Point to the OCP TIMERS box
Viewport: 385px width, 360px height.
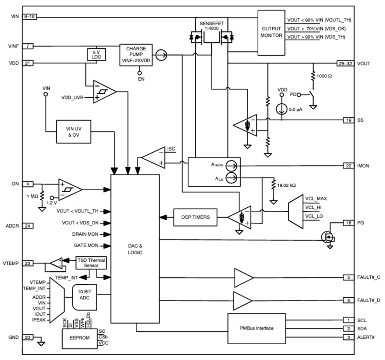coord(196,217)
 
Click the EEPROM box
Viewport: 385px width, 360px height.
coord(80,338)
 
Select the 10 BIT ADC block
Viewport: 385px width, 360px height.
coord(85,297)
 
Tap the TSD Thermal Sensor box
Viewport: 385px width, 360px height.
coord(91,263)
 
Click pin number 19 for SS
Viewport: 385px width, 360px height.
coord(348,120)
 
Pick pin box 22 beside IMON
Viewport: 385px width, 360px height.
coord(348,166)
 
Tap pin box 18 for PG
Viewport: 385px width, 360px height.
coord(348,223)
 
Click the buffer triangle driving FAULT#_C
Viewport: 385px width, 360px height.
coord(243,277)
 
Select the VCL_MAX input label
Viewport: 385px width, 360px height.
coord(316,199)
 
